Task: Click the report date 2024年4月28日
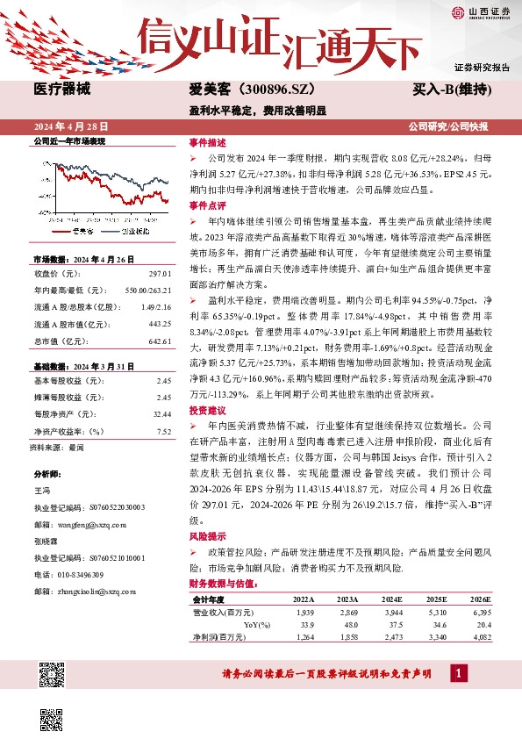pyautogui.click(x=69, y=126)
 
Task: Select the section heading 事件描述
pyautogui.click(x=207, y=142)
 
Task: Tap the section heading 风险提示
pyautogui.click(x=207, y=535)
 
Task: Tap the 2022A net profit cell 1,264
pyautogui.click(x=304, y=636)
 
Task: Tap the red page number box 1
pyautogui.click(x=458, y=673)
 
